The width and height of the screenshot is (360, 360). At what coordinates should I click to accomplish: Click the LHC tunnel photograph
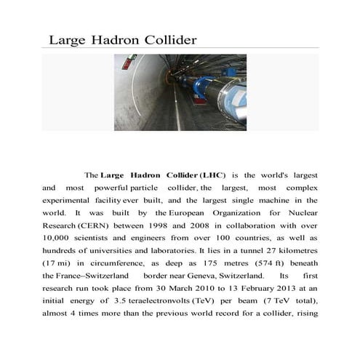(x=180, y=92)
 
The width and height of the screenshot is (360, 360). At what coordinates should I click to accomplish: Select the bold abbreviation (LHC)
(x=213, y=175)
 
